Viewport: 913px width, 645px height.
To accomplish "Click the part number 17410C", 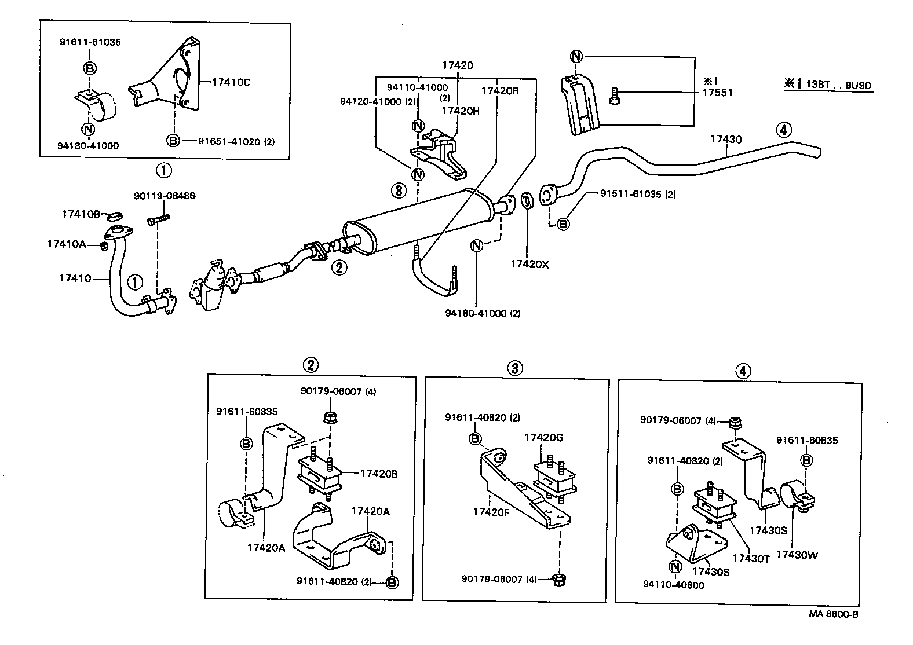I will [231, 82].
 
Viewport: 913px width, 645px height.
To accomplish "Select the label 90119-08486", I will [165, 196].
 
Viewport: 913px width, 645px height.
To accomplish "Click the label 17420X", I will [529, 264].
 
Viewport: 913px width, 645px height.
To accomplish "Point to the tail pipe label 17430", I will [726, 139].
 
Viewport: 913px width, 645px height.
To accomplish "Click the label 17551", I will [718, 93].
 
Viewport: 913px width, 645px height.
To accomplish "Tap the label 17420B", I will [379, 473].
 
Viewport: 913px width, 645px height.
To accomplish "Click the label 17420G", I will [543, 437].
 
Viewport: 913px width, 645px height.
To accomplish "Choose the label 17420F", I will [490, 511].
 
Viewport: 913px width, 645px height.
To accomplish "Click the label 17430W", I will [797, 554].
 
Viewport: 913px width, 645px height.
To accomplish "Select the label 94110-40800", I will [673, 585].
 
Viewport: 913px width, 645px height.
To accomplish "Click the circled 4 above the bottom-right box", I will [743, 371].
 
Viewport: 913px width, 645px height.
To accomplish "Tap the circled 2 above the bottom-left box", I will [311, 365].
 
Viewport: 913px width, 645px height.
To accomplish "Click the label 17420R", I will [500, 90].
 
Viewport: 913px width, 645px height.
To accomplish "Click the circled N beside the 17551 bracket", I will [575, 57].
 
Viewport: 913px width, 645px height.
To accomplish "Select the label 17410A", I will [66, 244].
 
